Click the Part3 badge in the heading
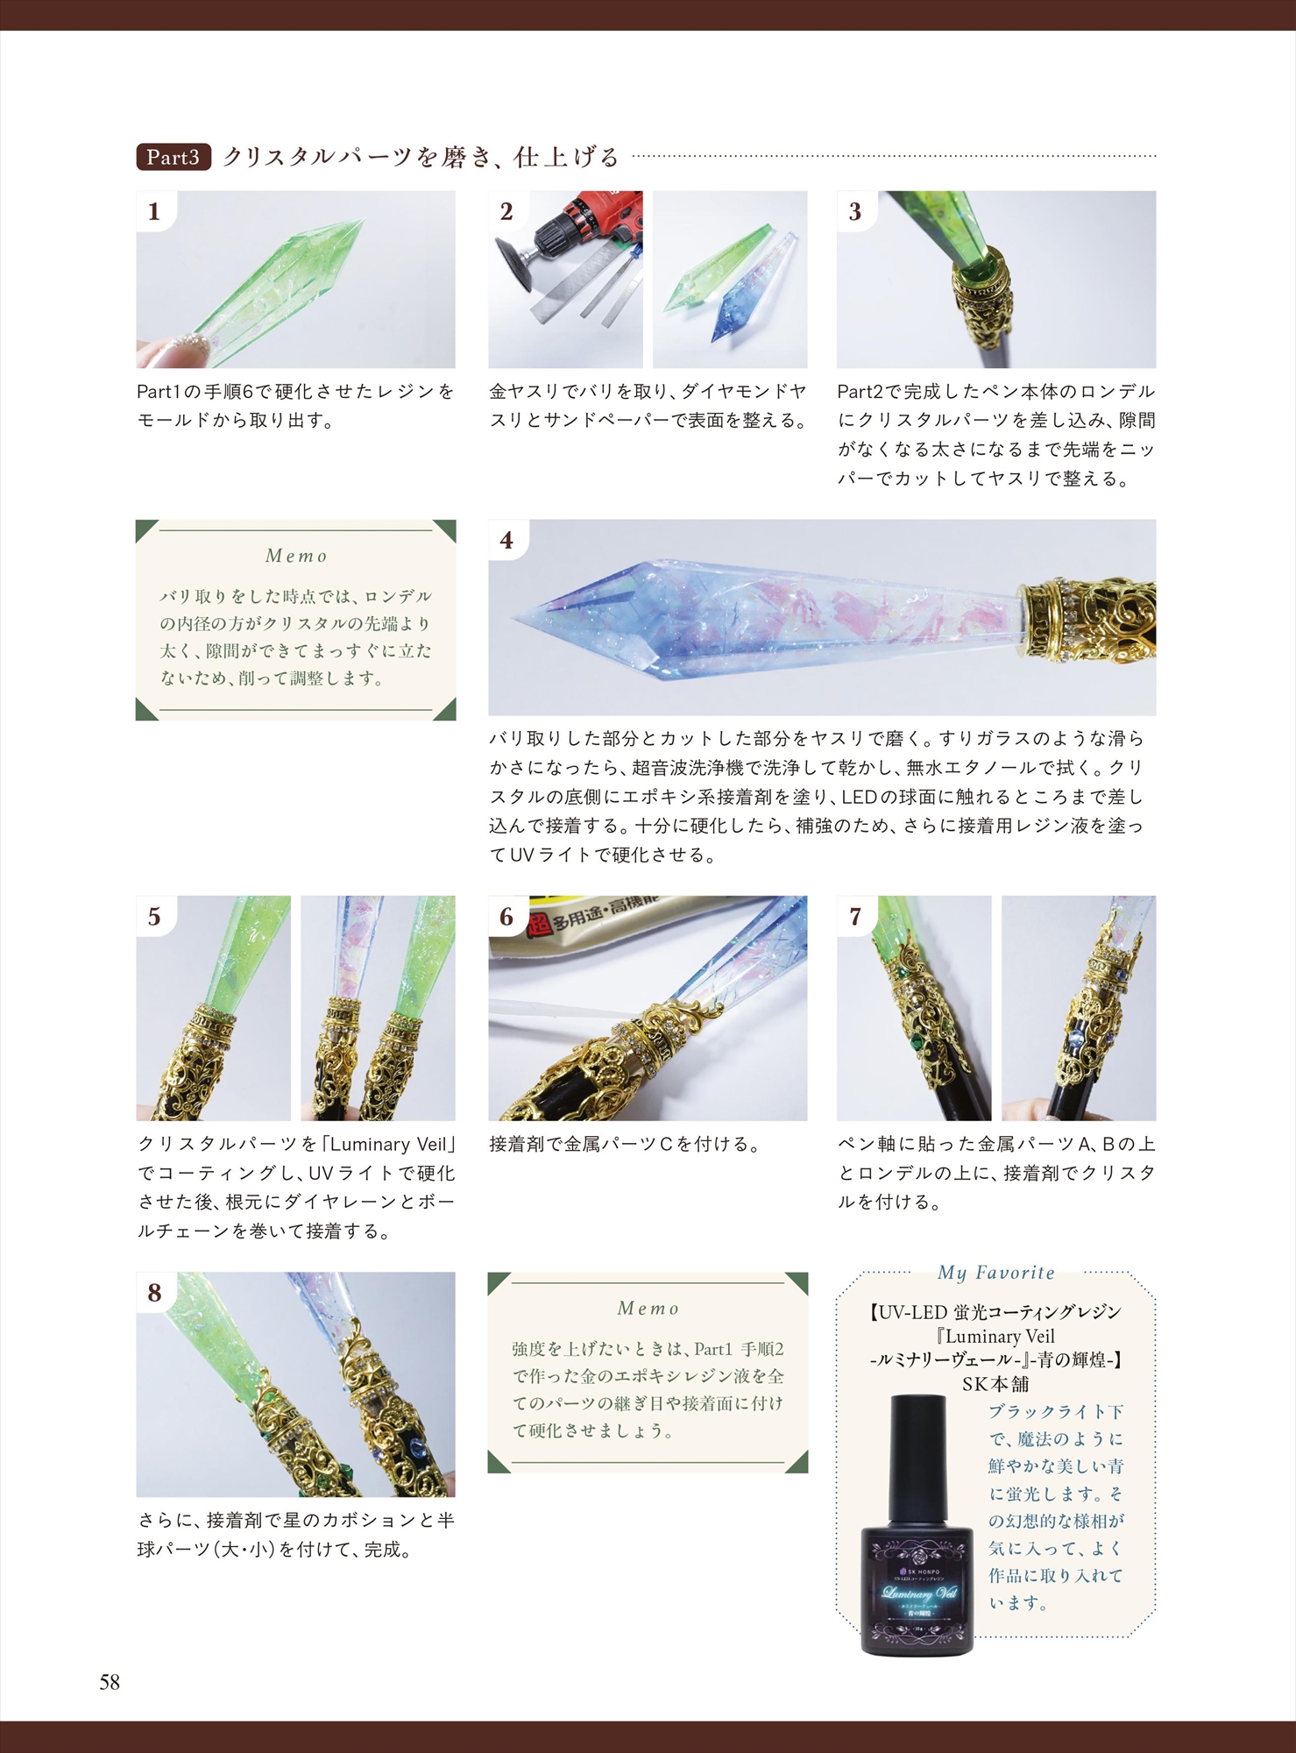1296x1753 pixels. click(x=173, y=157)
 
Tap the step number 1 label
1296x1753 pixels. click(x=154, y=211)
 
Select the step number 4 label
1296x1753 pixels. click(x=506, y=540)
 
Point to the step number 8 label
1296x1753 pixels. click(x=154, y=1293)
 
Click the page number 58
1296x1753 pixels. click(x=110, y=1682)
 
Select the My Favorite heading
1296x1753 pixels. click(x=996, y=1273)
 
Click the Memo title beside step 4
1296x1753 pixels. click(x=296, y=556)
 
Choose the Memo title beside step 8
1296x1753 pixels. click(x=648, y=1308)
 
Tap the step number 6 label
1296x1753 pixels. click(x=506, y=917)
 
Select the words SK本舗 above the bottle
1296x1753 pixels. click(x=995, y=1384)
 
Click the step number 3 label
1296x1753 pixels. click(x=855, y=211)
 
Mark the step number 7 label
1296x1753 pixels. click(x=855, y=917)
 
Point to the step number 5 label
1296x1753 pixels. click(x=154, y=917)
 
